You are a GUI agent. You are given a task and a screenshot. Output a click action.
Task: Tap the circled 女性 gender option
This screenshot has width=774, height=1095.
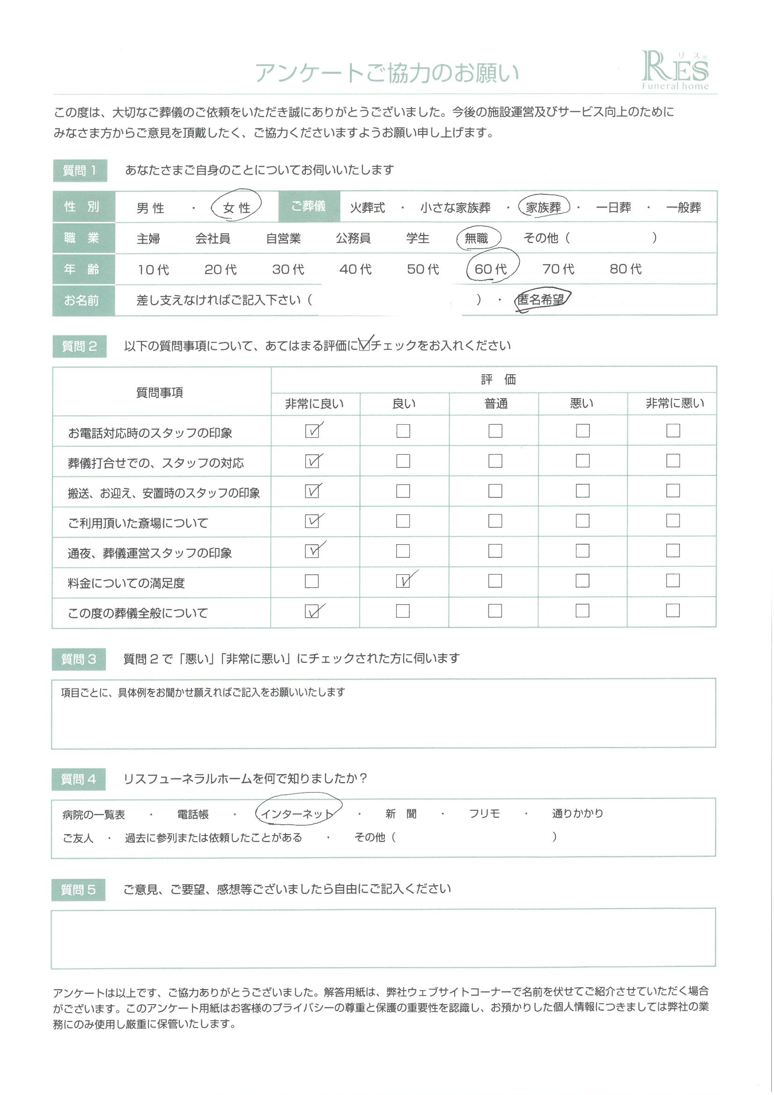click(236, 207)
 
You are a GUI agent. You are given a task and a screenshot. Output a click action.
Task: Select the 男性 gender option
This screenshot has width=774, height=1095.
click(150, 208)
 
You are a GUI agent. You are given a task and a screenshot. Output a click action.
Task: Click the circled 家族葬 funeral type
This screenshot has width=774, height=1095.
click(543, 207)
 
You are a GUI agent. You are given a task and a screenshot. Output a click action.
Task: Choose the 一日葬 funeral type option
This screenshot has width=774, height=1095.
click(613, 207)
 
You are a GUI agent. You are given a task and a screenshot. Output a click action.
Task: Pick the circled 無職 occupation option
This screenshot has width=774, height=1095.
click(477, 238)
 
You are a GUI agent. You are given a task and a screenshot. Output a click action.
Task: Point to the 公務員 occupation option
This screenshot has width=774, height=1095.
click(353, 238)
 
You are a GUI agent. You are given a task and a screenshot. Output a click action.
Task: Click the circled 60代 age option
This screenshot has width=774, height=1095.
click(491, 269)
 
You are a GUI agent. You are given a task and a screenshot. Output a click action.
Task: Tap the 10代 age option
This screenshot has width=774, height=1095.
click(153, 269)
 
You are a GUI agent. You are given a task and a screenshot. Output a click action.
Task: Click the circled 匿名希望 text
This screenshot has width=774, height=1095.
click(541, 299)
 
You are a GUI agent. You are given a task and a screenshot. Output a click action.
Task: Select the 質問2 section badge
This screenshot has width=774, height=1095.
click(79, 346)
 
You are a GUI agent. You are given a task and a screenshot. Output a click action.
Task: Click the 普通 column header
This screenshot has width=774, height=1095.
click(495, 404)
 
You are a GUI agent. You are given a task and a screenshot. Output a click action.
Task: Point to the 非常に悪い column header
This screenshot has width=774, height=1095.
click(674, 403)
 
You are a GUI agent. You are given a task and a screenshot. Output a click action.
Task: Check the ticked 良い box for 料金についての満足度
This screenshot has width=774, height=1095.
click(404, 581)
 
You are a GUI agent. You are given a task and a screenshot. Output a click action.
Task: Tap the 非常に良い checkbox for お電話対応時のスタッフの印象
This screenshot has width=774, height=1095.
click(312, 431)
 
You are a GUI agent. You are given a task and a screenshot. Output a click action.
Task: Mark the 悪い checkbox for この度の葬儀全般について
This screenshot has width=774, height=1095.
click(582, 611)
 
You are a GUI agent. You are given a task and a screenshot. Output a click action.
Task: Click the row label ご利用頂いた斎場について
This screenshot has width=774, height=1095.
click(138, 523)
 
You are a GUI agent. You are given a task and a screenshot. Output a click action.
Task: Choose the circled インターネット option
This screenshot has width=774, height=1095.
click(297, 814)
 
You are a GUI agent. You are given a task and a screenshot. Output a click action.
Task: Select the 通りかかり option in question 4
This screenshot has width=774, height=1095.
click(577, 813)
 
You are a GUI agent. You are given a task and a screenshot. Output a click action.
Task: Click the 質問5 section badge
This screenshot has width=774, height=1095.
click(78, 889)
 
